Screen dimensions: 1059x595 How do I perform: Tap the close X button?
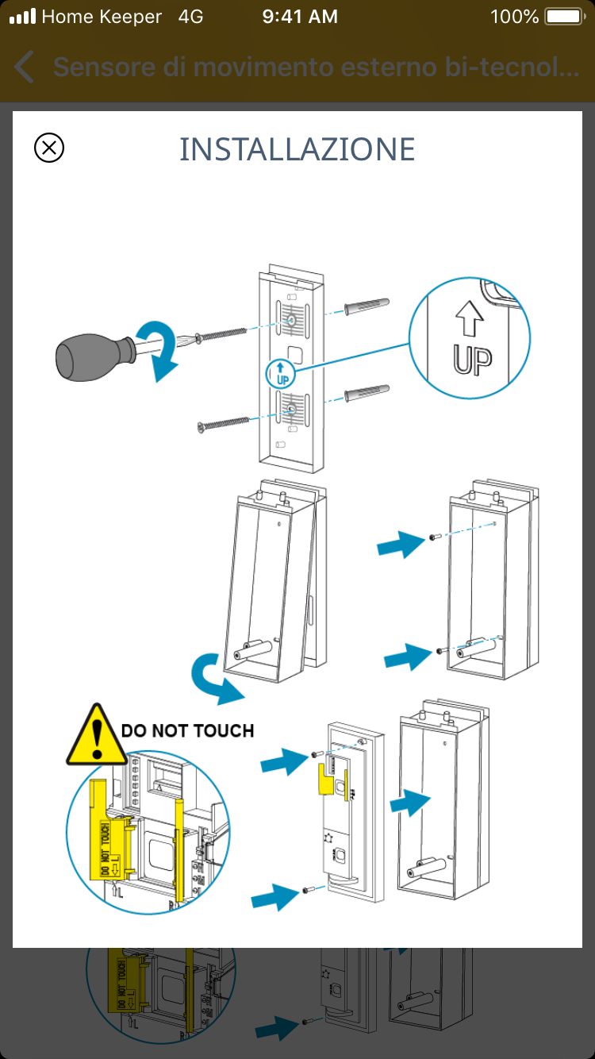coord(49,148)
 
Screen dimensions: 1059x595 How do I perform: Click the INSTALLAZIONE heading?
coord(297,149)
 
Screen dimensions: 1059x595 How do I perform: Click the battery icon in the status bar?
coord(565,17)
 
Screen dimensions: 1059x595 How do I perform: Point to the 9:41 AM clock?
coord(300,17)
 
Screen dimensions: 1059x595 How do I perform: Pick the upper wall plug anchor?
coord(367,307)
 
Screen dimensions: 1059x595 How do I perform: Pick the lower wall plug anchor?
coord(367,395)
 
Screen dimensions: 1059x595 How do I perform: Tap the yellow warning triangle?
coord(95,736)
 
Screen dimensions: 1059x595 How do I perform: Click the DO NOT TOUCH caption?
coord(188,730)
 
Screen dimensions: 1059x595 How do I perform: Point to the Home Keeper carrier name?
coord(102,17)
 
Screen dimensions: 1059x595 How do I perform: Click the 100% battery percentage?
coord(514,17)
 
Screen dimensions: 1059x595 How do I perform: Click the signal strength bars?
coord(22,17)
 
